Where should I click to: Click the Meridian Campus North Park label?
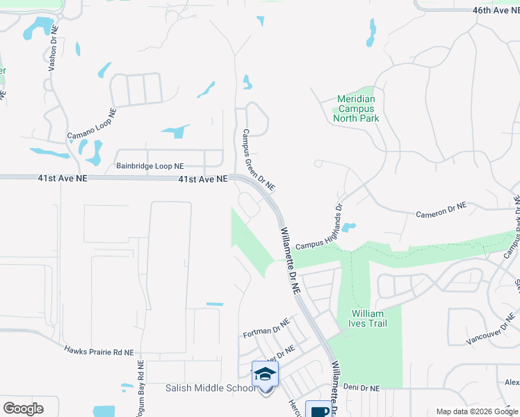point(356,108)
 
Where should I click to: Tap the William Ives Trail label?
point(368,318)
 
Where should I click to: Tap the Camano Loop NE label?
point(91,124)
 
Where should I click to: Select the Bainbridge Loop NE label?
point(150,166)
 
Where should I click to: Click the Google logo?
point(23,409)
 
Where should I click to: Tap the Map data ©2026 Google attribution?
point(476,411)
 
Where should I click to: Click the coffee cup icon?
point(319,410)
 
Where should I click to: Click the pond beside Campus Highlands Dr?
point(349,227)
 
